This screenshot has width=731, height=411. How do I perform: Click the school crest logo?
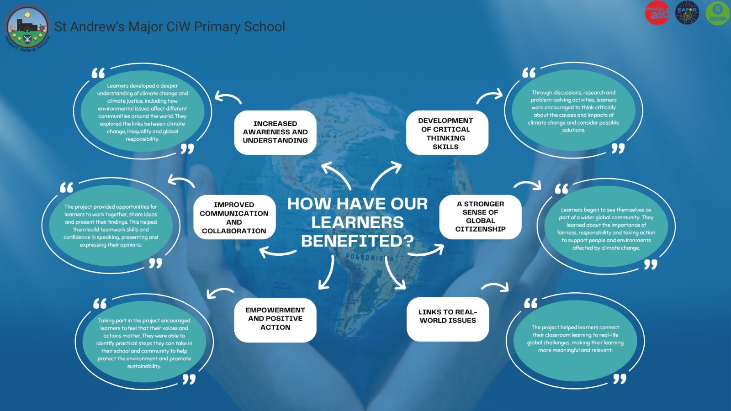pos(27,27)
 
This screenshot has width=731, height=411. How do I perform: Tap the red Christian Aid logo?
pos(657,13)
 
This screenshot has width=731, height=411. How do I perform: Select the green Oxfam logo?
pos(717,13)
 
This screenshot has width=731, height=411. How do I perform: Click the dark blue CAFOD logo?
pos(687,13)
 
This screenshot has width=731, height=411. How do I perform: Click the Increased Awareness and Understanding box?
pos(275,132)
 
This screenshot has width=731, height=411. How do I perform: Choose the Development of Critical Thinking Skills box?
pos(446,133)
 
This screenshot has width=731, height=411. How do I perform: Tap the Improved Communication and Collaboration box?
pos(234,218)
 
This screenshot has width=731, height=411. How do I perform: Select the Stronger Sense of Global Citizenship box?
pos(480,216)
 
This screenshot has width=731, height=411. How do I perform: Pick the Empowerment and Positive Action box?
pos(275,319)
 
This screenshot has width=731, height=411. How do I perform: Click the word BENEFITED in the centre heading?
pos(357,241)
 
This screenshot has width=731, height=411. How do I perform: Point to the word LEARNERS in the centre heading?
pos(357,222)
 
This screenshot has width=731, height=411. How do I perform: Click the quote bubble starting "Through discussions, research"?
pos(573,111)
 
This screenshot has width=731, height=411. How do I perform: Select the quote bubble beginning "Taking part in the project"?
pos(144,343)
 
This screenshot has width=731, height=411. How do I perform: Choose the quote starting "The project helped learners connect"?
pos(575,339)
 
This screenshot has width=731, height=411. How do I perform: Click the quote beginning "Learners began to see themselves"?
pos(606,229)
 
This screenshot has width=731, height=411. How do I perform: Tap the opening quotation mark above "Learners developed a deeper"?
pos(98,73)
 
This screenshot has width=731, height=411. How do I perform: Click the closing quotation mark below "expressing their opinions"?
pos(155,263)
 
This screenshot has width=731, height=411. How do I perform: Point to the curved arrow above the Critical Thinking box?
pos(489,96)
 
